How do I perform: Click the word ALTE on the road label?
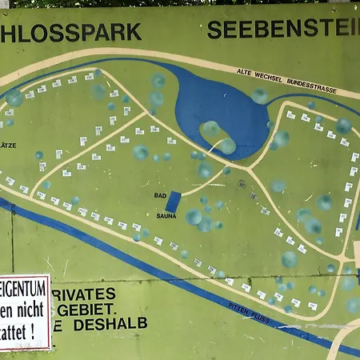pyautogui.click(x=246, y=72)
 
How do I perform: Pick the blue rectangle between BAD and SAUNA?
pyautogui.click(x=174, y=202)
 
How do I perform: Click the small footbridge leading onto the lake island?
pyautogui.click(x=211, y=148)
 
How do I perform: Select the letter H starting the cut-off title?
pyautogui.click(x=7, y=33)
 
